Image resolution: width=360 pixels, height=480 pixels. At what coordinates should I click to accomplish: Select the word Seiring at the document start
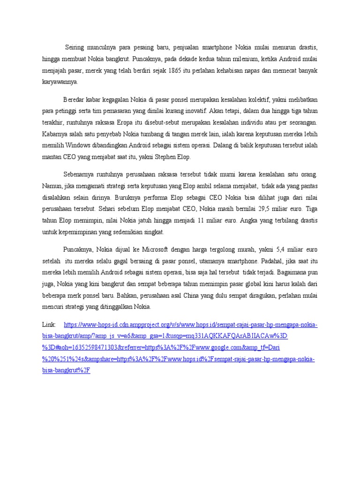point(76,48)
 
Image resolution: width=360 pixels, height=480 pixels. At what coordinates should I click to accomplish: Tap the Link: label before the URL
point(48,325)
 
